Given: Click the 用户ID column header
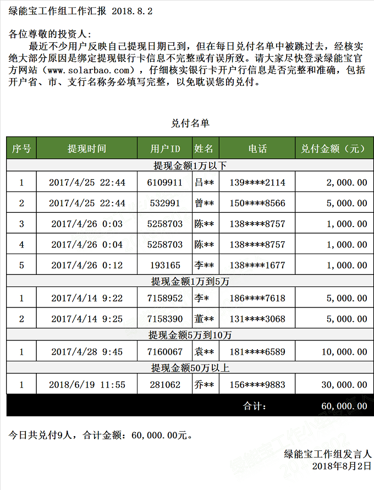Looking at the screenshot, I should point(166,148).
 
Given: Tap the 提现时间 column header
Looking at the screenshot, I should point(87,148).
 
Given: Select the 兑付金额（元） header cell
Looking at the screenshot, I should point(333,148).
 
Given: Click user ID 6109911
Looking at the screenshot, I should point(166,183).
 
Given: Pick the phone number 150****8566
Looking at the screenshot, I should point(257,203).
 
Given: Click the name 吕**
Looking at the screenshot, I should point(205,183).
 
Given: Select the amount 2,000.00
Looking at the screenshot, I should point(346,183).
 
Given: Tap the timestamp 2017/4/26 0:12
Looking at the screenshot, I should point(87,266).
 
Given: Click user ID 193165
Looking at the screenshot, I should point(166,266).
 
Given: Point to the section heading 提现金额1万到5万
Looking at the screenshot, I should point(190,282).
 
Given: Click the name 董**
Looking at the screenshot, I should point(205,319).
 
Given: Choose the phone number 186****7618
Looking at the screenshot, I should point(257,298).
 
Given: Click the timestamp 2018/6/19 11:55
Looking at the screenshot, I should point(87,385).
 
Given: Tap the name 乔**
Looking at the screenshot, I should point(205,385).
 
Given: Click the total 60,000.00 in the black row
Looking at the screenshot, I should point(344,406).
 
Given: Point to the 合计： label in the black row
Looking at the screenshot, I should point(255,406).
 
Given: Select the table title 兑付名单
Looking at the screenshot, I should point(190,123).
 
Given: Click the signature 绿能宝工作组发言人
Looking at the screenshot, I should point(328,454).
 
